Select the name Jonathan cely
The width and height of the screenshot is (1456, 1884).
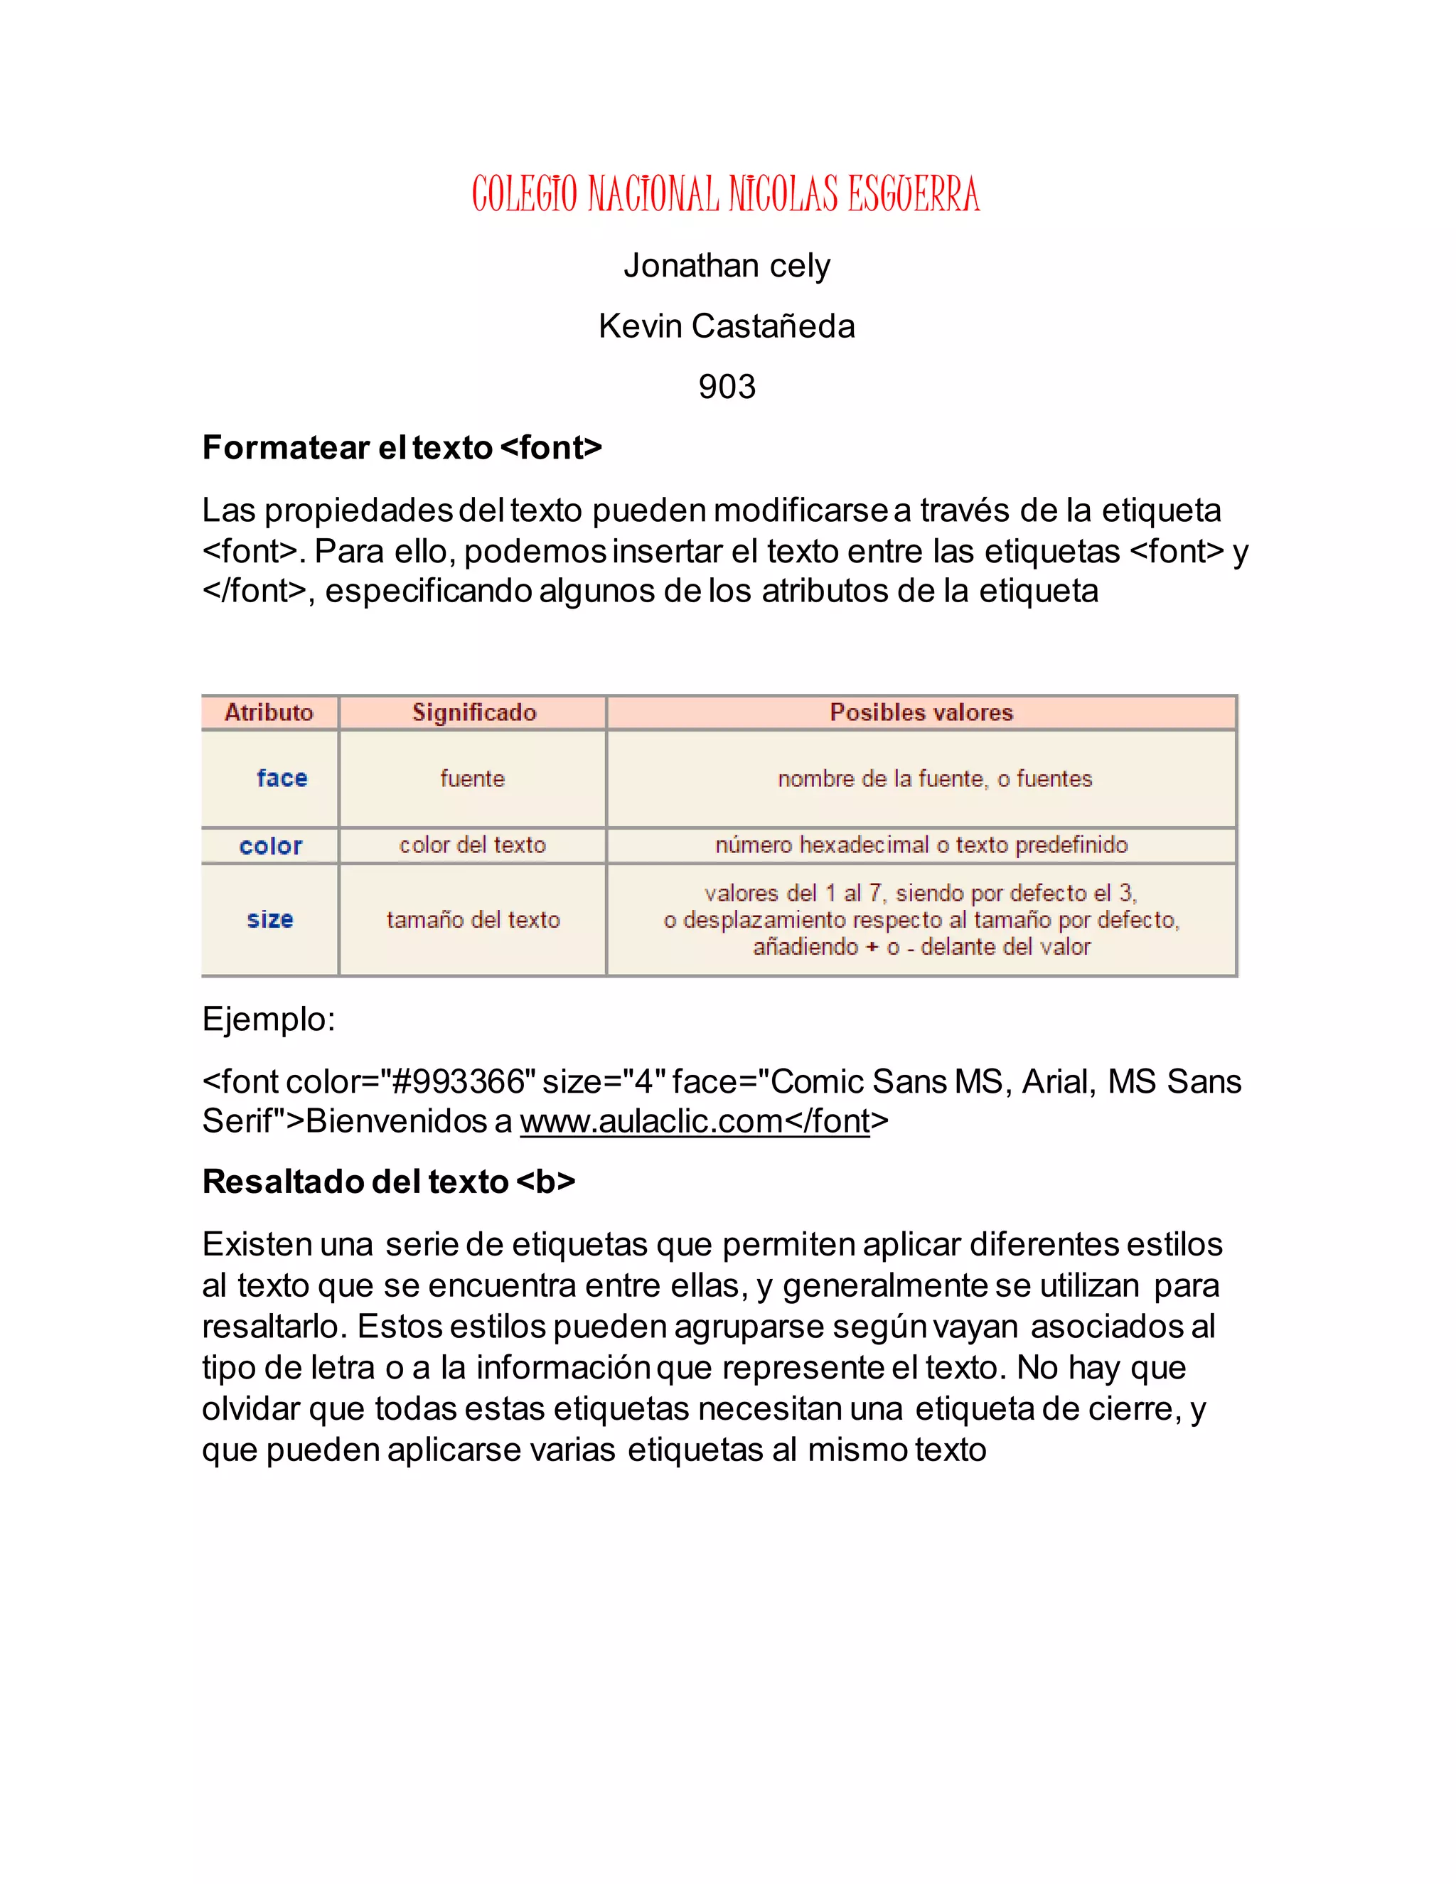pos(727,266)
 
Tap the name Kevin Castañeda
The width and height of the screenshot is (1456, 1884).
pos(727,326)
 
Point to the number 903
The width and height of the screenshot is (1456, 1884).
pos(727,387)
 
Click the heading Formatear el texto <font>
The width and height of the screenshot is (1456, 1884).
pos(401,448)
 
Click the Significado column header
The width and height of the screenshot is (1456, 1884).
pos(473,712)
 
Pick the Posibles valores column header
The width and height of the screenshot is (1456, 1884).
pos(921,712)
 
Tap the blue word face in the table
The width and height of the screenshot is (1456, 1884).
pos(282,778)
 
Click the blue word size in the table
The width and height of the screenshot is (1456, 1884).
pos(270,919)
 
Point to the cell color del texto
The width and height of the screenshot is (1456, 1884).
pos(473,845)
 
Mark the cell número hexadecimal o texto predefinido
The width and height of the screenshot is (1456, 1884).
pos(921,845)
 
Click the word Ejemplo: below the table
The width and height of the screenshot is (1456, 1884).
pos(268,1019)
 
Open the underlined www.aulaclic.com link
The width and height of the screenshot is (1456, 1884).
pos(652,1121)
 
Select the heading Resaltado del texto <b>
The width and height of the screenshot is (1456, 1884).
pos(388,1182)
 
